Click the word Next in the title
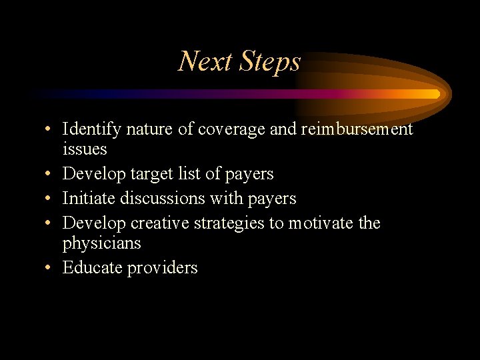pos(205,62)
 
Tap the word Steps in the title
pos(268,62)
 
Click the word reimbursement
pos(357,129)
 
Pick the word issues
pos(85,149)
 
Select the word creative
pos(163,223)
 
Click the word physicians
pos(101,243)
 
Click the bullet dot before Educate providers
pos(49,268)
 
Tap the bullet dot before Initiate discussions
pos(49,199)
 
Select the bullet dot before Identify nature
pos(49,129)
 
